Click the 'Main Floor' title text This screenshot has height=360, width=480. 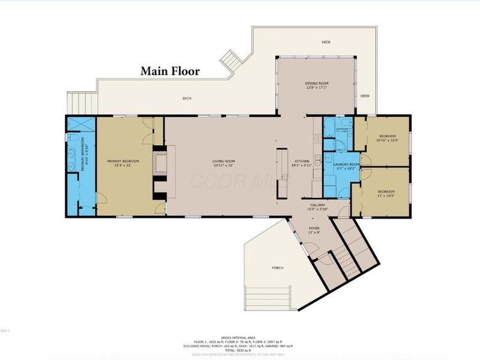pos(170,71)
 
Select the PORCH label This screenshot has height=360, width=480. pos(277,268)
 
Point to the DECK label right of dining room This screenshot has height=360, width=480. pos(365,96)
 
